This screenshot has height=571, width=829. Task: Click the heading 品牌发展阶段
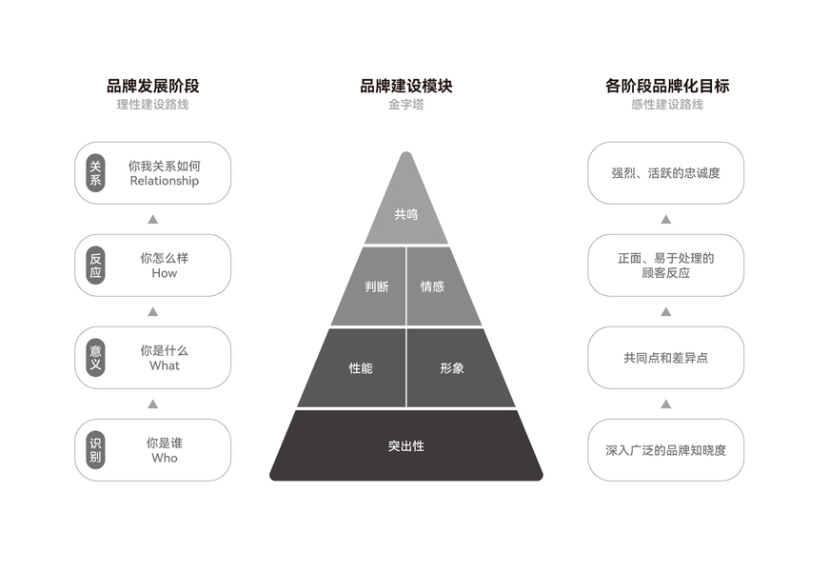tap(152, 86)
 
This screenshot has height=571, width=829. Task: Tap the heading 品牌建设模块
tap(405, 86)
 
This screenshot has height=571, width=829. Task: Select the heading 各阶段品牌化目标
tap(666, 86)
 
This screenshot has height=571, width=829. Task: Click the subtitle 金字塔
tap(405, 105)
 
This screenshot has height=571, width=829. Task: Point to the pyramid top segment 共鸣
tap(405, 215)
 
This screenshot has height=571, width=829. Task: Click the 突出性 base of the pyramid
tap(405, 445)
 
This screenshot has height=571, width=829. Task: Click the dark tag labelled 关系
tap(95, 173)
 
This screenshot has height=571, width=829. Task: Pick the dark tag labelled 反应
tap(95, 266)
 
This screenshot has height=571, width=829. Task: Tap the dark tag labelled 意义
tap(95, 358)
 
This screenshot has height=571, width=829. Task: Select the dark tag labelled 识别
tap(95, 450)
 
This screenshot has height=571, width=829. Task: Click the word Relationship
tap(165, 181)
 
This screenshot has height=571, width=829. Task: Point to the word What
tap(165, 365)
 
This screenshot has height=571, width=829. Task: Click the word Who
tap(165, 458)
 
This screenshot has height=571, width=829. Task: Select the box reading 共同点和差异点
tap(665, 358)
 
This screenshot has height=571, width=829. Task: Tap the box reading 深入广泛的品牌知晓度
tap(665, 450)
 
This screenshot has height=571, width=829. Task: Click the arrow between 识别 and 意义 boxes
tap(152, 404)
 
